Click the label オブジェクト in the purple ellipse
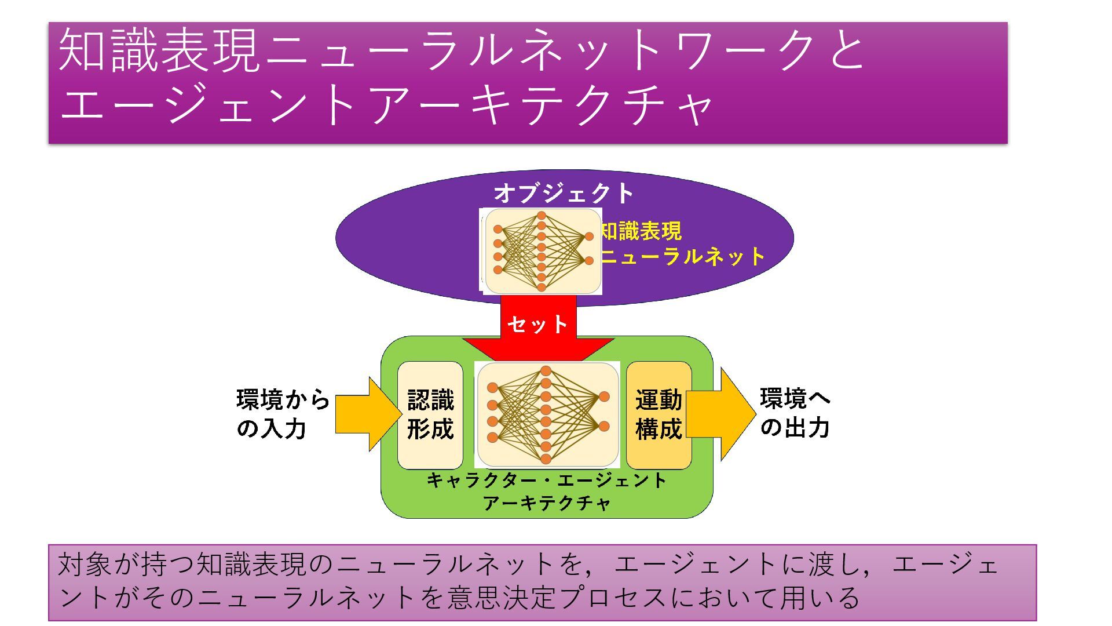[x=564, y=194]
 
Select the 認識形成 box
[x=430, y=415]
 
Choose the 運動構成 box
[x=659, y=415]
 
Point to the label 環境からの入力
[x=282, y=414]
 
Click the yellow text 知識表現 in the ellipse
[x=641, y=232]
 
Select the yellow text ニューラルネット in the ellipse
[x=682, y=256]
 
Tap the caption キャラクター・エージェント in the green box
[x=547, y=481]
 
